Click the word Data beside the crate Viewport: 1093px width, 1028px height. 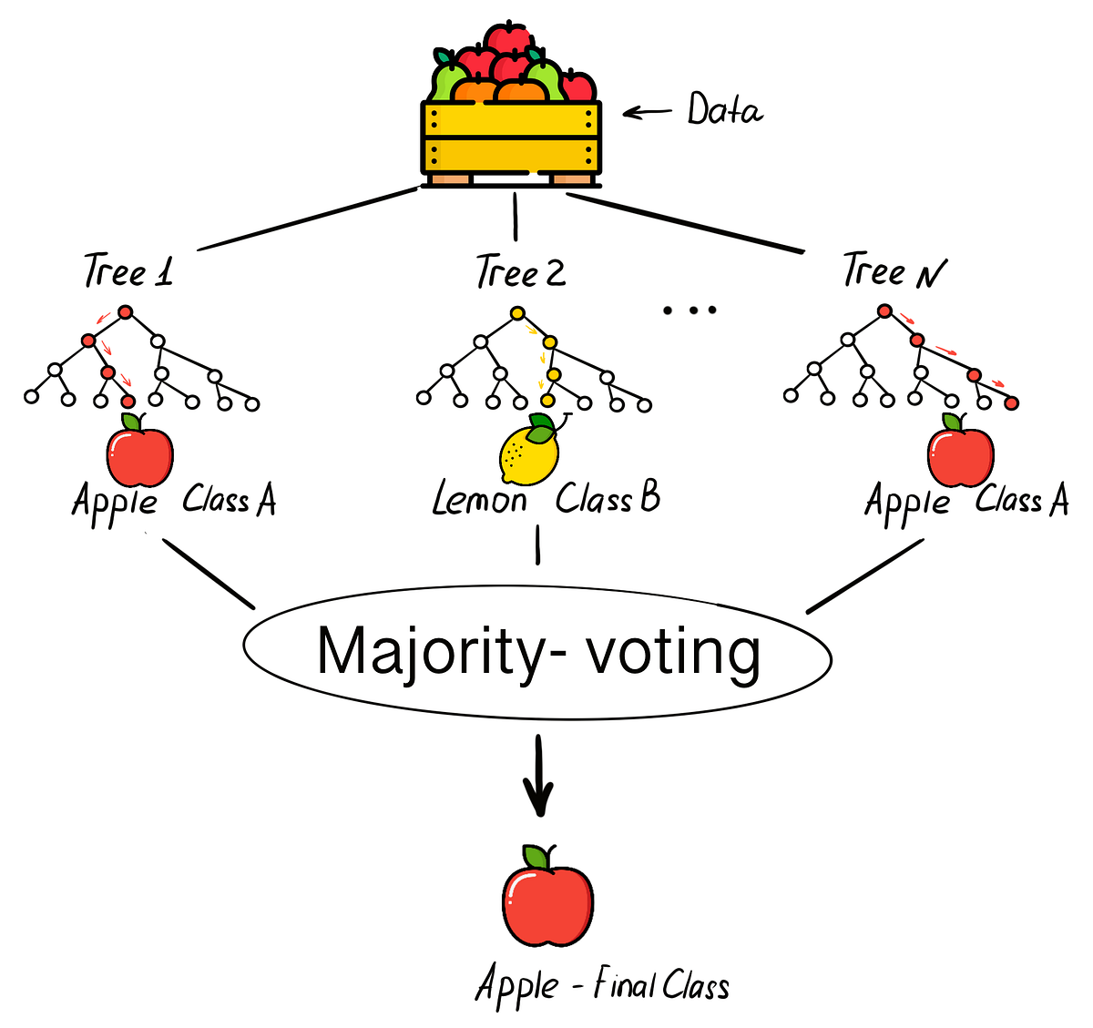724,110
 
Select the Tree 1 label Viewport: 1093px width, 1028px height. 128,271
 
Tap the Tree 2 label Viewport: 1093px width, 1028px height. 520,271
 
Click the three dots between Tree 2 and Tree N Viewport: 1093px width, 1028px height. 690,310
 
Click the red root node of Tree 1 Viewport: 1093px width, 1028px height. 126,312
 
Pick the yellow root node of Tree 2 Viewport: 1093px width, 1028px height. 517,313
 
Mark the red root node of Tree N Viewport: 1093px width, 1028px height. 884,311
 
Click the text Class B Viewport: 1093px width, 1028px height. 608,498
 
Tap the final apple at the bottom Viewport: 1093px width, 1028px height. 547,897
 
